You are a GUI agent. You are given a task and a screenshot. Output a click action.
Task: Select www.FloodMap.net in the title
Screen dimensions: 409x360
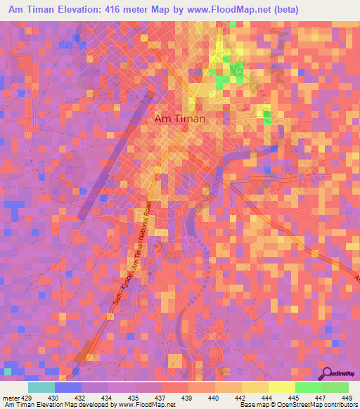click(x=222, y=10)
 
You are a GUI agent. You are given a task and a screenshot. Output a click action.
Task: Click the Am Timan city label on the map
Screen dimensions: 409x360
click(x=179, y=119)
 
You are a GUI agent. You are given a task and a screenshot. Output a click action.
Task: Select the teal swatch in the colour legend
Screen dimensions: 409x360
click(x=41, y=387)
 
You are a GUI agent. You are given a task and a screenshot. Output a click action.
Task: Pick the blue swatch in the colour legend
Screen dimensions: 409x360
click(x=68, y=387)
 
